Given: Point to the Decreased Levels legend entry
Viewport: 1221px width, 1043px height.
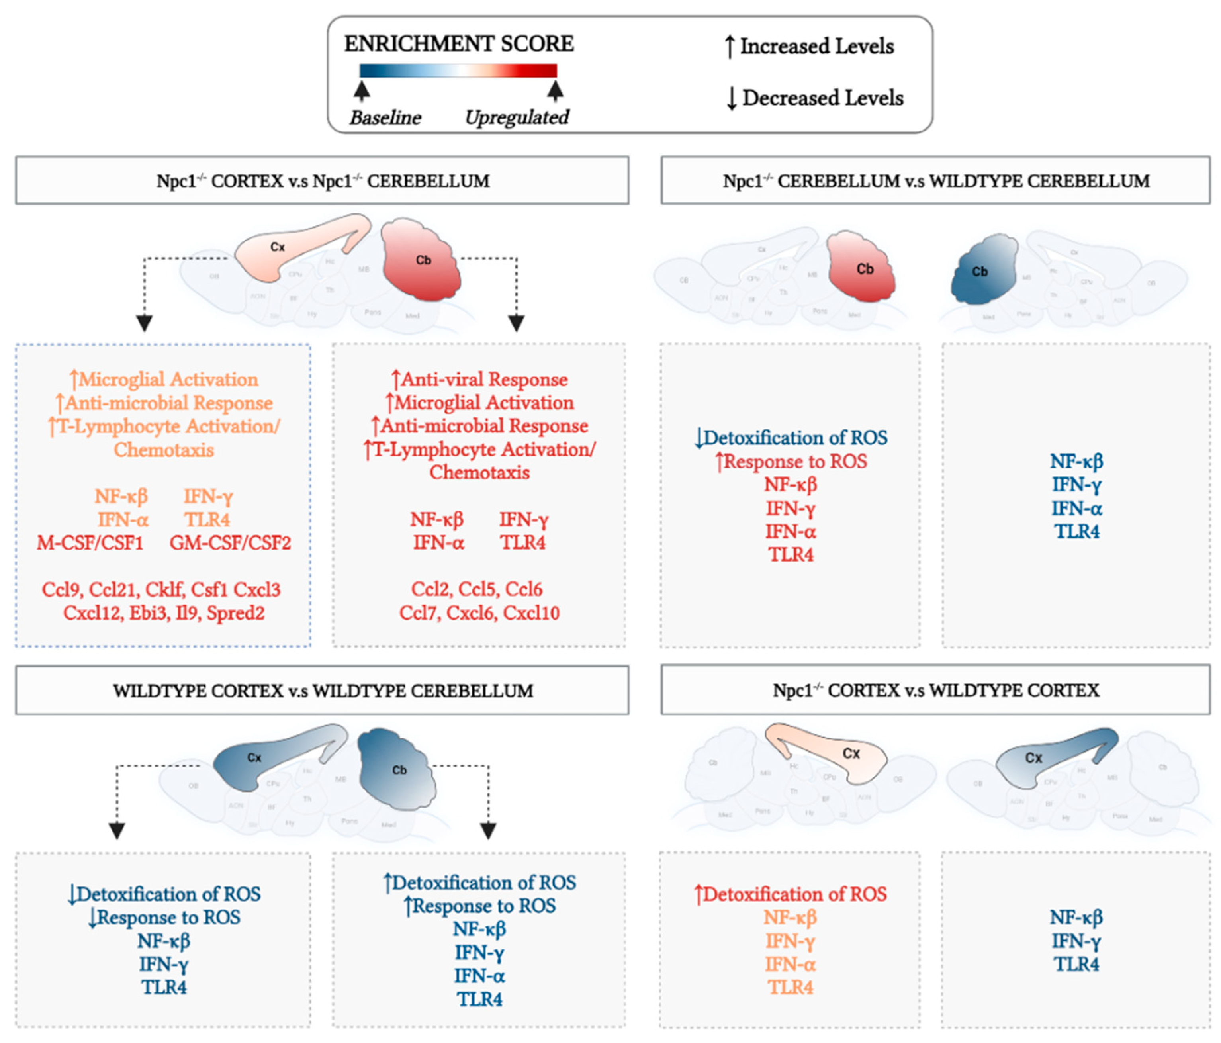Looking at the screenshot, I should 815,98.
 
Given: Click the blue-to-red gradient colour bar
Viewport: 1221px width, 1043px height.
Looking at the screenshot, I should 458,71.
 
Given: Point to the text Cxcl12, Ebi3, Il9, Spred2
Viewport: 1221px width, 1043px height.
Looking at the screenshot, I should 164,613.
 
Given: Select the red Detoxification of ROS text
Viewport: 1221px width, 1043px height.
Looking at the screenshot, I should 791,894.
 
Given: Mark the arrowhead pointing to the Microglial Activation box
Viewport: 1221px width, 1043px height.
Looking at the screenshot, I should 145,323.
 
